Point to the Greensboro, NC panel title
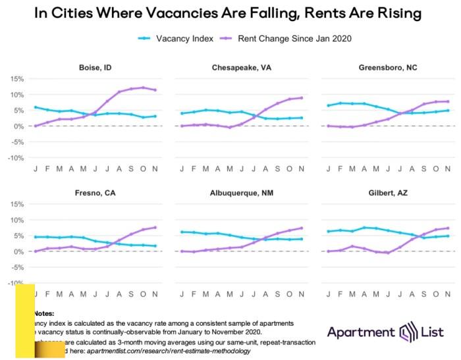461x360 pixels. coord(387,67)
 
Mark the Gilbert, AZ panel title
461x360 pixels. coord(387,193)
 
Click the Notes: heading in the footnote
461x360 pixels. coord(43,314)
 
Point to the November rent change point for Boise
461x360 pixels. coord(155,90)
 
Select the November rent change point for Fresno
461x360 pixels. coord(155,228)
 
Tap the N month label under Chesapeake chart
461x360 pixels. coord(301,169)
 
